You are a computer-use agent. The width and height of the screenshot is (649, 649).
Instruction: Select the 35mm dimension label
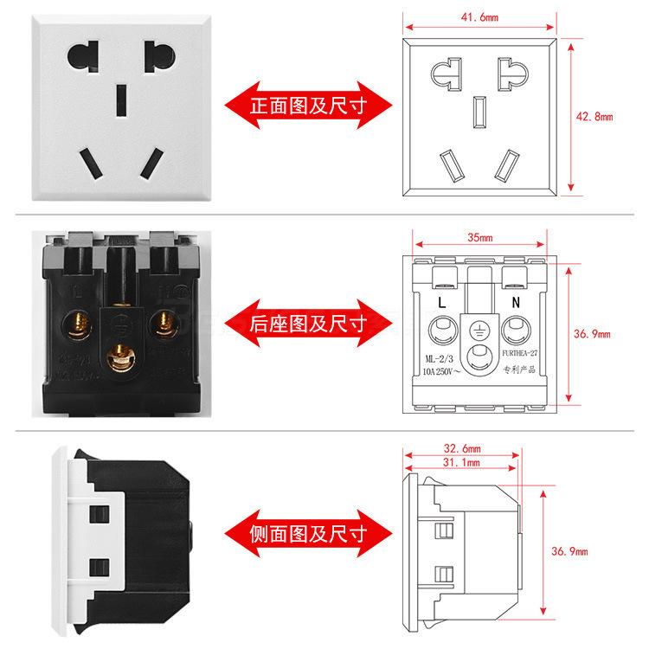[479, 238]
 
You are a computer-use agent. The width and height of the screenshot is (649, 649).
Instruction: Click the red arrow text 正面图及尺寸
[308, 107]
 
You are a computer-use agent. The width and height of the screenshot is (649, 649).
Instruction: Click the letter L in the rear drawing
[442, 304]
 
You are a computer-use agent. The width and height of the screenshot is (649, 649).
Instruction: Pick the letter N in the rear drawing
[516, 304]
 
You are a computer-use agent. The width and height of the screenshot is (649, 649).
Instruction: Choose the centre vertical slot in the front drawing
[477, 112]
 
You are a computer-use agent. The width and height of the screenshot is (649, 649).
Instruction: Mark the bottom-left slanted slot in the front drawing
[450, 164]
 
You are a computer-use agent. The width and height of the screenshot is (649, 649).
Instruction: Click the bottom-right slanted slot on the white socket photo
[152, 162]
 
